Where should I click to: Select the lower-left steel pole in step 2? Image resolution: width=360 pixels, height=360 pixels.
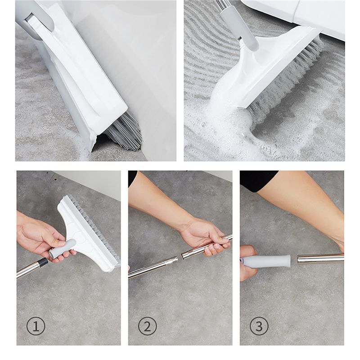(x=153, y=267)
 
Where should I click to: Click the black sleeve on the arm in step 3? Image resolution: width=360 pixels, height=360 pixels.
(x=258, y=181)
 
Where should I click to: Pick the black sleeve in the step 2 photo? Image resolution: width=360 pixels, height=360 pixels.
(x=132, y=177)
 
